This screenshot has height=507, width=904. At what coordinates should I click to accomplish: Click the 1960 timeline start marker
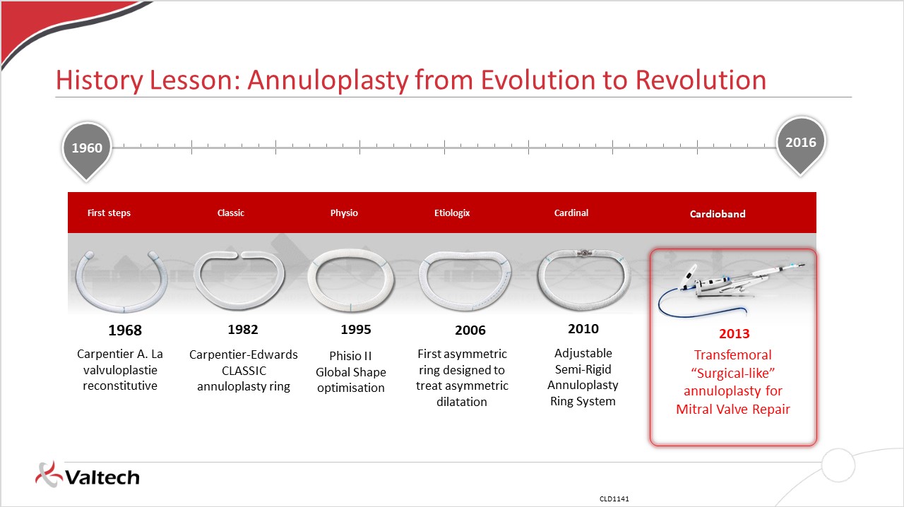point(87,150)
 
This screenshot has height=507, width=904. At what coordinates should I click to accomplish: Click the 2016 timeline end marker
point(801,144)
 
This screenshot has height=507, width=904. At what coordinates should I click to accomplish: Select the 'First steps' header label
point(109,213)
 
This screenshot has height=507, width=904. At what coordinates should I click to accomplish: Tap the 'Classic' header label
point(231,213)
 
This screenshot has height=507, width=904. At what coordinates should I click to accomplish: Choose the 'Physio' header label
point(344,213)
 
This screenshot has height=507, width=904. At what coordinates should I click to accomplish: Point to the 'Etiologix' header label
point(452,213)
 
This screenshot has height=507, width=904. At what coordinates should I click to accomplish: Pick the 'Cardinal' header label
point(571,213)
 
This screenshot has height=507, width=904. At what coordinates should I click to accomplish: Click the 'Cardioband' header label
point(718,214)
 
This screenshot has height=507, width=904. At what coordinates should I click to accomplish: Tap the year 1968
point(125,330)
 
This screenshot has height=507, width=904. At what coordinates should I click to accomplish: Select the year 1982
point(243,329)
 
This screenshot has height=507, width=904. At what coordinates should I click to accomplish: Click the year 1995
point(356,329)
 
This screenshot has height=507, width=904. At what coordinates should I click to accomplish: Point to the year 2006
point(470,330)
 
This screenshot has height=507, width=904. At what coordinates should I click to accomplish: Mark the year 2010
point(583,328)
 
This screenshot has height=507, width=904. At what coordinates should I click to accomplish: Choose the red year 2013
point(734,333)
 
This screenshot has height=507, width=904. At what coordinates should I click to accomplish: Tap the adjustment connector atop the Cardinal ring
point(584,253)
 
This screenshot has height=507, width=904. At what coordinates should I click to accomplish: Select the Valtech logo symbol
point(49,475)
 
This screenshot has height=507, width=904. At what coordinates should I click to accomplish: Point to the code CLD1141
point(614,499)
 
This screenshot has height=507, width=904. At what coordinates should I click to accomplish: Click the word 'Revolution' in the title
point(701,80)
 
